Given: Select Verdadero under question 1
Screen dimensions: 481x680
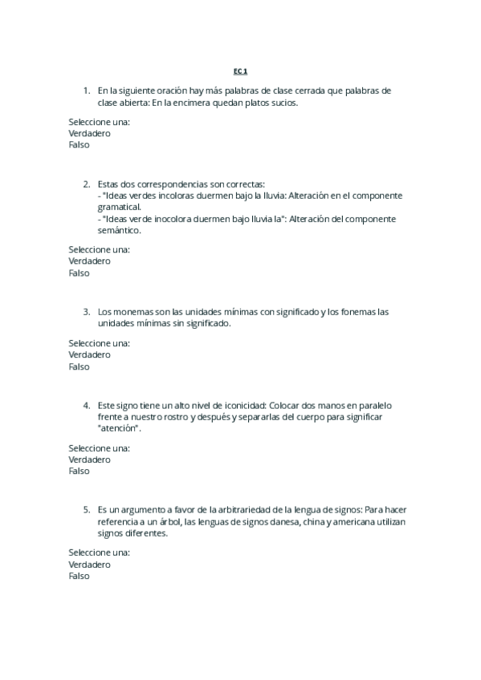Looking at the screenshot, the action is pos(89,133).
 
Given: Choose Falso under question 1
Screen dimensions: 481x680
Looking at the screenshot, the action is pos(79,145).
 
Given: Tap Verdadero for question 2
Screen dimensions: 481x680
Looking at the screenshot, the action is pos(89,261).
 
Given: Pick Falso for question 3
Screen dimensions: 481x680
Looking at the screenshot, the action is pos(79,366).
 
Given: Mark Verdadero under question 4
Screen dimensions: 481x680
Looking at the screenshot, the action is pos(89,459).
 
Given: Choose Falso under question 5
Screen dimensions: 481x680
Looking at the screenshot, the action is pos(79,576).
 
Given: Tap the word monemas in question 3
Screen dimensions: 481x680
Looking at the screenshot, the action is pos(129,311).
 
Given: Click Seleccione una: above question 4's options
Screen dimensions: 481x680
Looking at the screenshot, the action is pos(99,447).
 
